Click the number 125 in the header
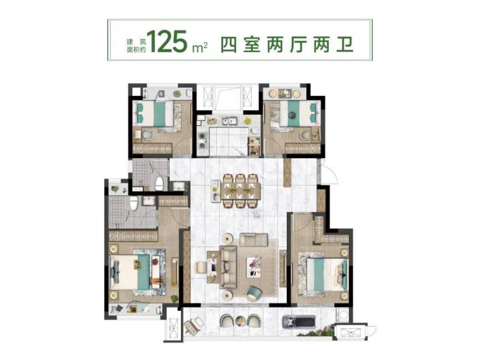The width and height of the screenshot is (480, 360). (168, 41)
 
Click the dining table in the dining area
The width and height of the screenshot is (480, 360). (241, 191)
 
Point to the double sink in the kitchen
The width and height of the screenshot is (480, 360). (229, 121)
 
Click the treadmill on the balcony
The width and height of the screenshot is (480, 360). (299, 320)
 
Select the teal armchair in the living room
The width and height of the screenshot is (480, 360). (254, 293)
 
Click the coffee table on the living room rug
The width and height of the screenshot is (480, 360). (254, 267)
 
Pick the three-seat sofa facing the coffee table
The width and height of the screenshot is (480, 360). (228, 267)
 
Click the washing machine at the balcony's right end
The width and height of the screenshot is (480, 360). (343, 315)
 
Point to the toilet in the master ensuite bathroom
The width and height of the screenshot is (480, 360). (134, 203)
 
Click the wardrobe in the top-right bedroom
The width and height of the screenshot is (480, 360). (303, 149)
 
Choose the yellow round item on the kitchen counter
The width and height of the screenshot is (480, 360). (248, 121)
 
